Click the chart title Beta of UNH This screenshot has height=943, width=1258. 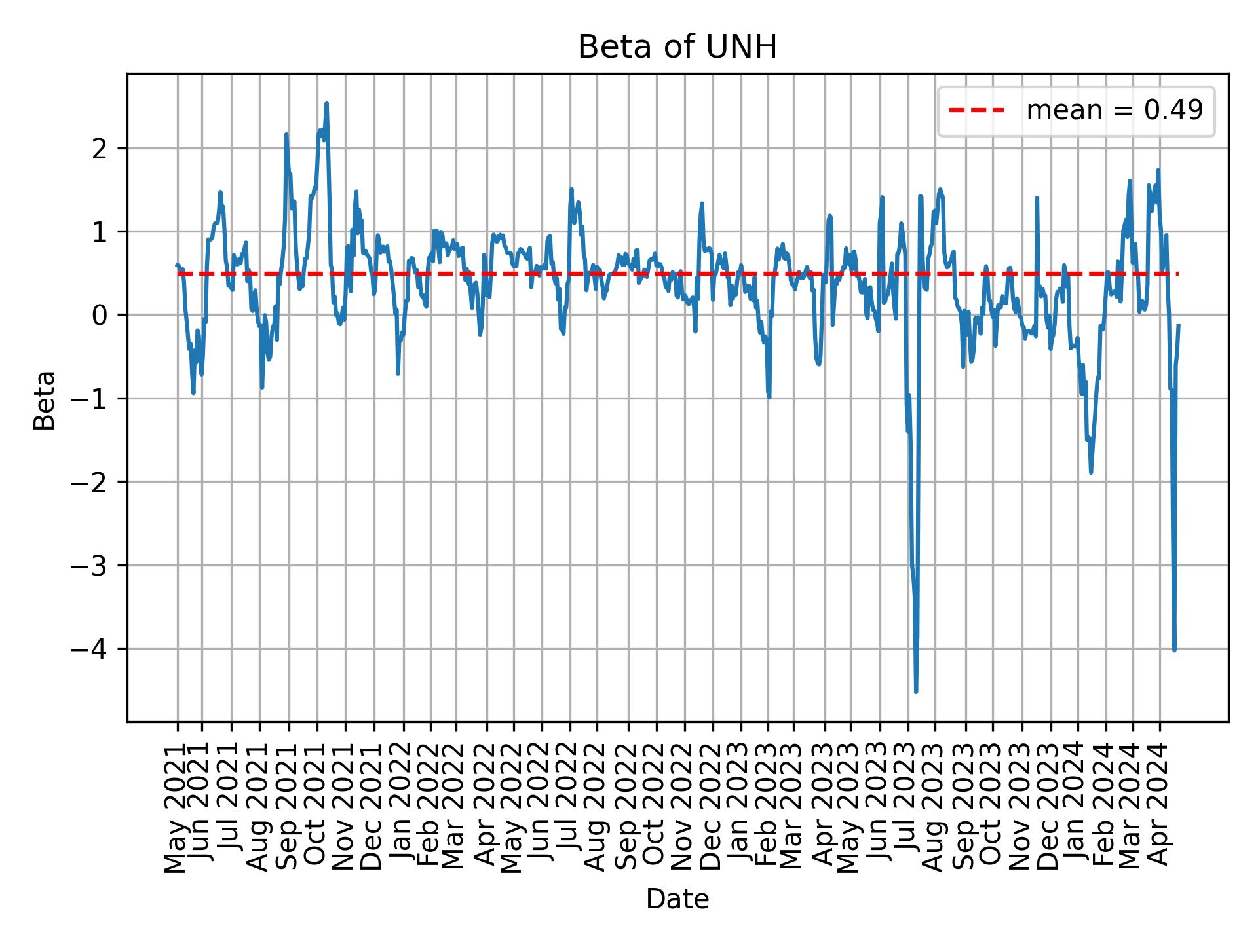677,48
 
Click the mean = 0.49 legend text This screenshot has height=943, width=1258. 1115,111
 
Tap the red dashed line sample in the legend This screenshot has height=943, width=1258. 976,111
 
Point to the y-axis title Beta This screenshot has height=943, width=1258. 45,400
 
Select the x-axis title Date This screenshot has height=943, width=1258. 677,900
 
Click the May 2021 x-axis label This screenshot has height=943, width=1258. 176,808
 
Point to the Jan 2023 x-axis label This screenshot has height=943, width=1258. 740,808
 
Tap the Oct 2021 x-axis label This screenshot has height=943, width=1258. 316,808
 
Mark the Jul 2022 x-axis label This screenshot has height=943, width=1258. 569,808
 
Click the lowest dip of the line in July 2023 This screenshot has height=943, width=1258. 916,692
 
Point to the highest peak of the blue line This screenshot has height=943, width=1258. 326,103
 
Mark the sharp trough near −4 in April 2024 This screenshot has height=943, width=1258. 1174,650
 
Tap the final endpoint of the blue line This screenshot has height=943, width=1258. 1178,325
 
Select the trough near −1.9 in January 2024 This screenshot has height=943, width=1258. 1090,472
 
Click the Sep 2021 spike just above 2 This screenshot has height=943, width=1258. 286,134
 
